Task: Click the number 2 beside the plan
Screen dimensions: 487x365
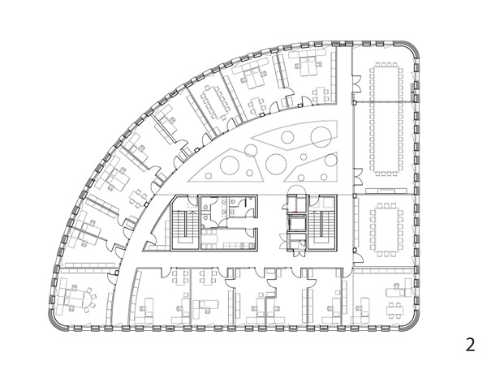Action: [x=471, y=345]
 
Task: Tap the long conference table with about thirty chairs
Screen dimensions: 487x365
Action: [x=386, y=119]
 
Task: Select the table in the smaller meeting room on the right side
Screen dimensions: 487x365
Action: [x=386, y=230]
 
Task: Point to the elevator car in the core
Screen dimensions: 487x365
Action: [x=295, y=222]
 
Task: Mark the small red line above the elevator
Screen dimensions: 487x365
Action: [x=295, y=212]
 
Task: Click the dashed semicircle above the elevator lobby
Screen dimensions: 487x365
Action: [x=296, y=189]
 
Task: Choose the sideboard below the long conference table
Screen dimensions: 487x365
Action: [x=386, y=191]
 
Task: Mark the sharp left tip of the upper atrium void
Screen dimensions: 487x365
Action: [x=252, y=137]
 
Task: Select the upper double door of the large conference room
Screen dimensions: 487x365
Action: [x=357, y=84]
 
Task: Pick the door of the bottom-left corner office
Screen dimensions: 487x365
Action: [x=112, y=278]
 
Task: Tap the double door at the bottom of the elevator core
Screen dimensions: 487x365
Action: [x=299, y=252]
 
